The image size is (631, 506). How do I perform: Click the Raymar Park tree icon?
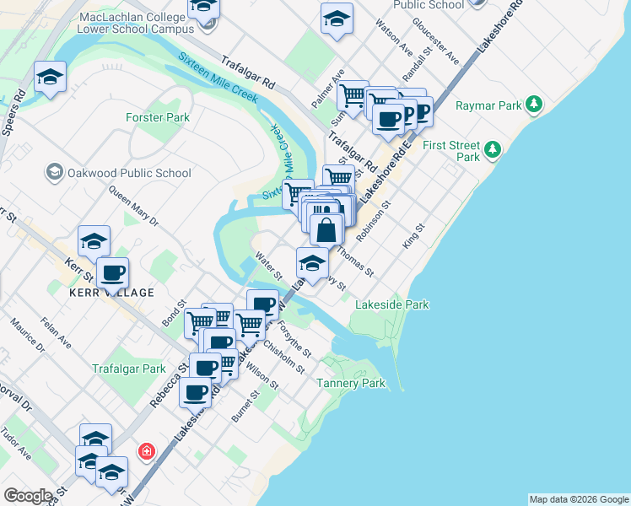click(533, 105)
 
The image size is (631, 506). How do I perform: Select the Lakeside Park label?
click(392, 304)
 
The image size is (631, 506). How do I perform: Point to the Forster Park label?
click(158, 117)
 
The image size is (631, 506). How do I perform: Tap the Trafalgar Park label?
click(128, 369)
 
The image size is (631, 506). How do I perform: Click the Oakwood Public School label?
click(129, 173)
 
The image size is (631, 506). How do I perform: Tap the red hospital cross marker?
click(147, 451)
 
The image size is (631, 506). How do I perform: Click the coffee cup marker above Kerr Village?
click(112, 272)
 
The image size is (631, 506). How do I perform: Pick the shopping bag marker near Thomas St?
click(326, 229)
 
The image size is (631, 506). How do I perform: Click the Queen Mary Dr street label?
click(133, 207)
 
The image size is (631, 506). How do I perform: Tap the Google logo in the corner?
click(28, 496)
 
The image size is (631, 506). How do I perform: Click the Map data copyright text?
click(579, 499)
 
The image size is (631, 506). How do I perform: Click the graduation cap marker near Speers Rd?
click(51, 78)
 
